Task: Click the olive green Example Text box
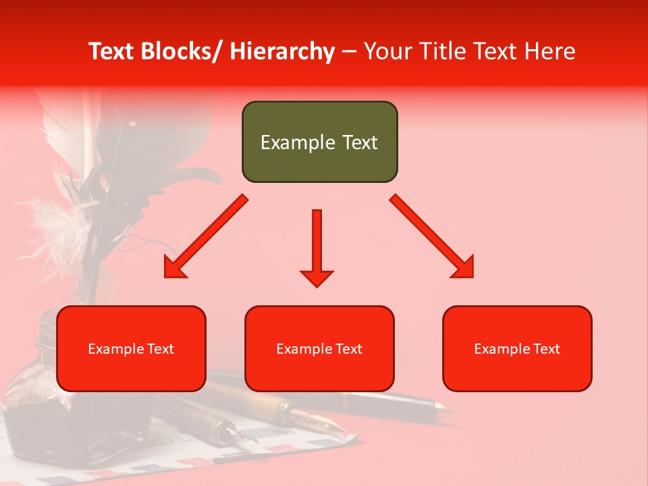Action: tap(319, 142)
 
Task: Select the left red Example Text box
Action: tap(131, 348)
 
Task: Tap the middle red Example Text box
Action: tap(319, 348)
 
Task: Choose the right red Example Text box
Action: tap(517, 348)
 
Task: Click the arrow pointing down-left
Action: tap(206, 237)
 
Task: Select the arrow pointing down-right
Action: tap(432, 236)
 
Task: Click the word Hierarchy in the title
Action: tap(282, 51)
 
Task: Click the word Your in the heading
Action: tap(389, 51)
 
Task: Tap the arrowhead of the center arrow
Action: tap(317, 278)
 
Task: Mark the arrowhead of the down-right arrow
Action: tap(464, 268)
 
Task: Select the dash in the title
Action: tap(349, 51)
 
